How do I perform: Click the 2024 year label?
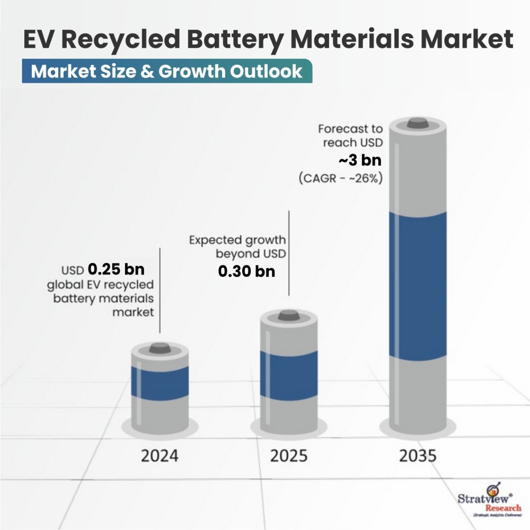(x=160, y=455)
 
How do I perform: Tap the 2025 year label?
(x=288, y=455)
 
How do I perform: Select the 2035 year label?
(x=418, y=455)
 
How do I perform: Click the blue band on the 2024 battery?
(x=160, y=382)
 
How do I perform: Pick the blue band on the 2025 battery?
(x=289, y=374)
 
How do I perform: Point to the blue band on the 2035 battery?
(x=418, y=284)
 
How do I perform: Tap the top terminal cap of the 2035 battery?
(x=418, y=123)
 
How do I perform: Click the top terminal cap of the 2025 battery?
(x=289, y=315)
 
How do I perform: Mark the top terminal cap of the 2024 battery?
(x=160, y=348)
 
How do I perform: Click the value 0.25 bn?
(x=116, y=269)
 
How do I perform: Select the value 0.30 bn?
(x=247, y=271)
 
